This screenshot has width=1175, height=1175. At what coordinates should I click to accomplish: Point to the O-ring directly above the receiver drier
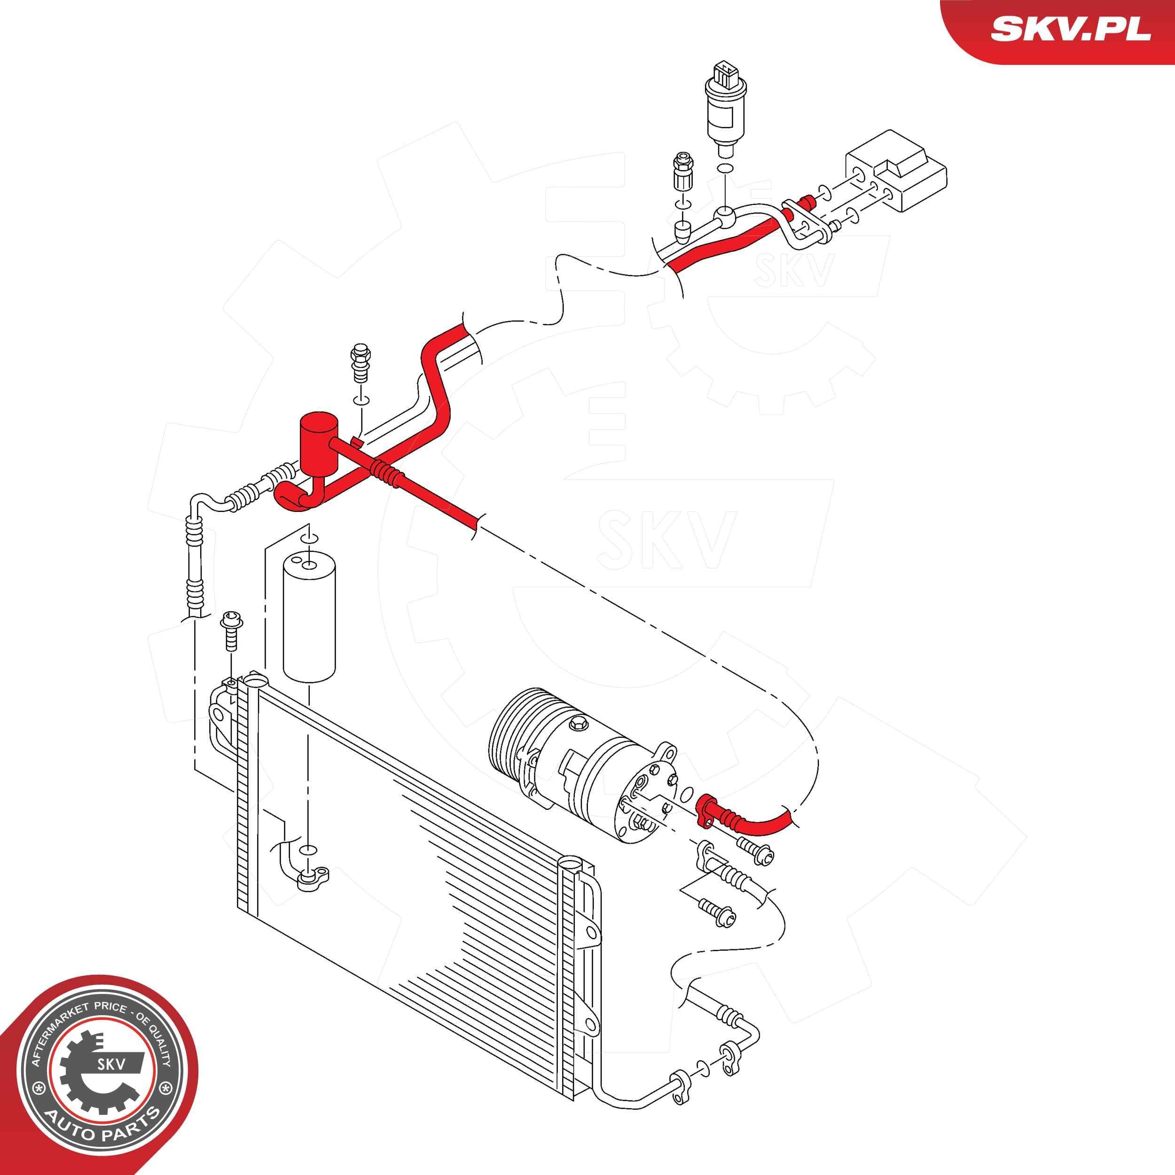tap(308, 538)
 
